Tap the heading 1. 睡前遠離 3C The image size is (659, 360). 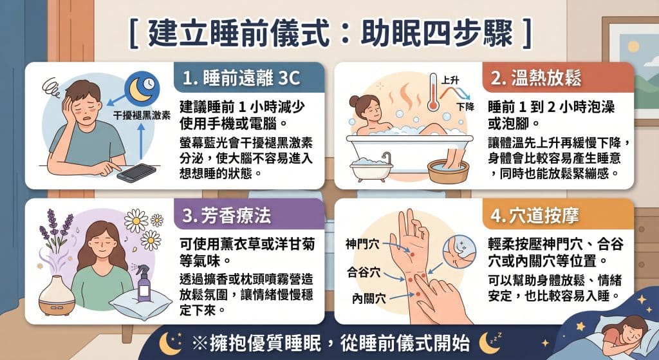pyautogui.click(x=241, y=79)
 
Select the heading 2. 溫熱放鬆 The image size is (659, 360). pyautogui.click(x=535, y=79)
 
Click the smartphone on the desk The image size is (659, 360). pyautogui.click(x=136, y=173)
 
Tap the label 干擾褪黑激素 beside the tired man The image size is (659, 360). pyautogui.click(x=142, y=117)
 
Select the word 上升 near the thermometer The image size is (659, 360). pyautogui.click(x=450, y=81)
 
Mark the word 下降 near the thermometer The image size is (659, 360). pyautogui.click(x=465, y=107)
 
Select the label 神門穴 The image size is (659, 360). pyautogui.click(x=362, y=245)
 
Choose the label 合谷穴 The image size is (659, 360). pyautogui.click(x=362, y=272)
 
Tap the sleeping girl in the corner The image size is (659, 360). pyautogui.click(x=620, y=332)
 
